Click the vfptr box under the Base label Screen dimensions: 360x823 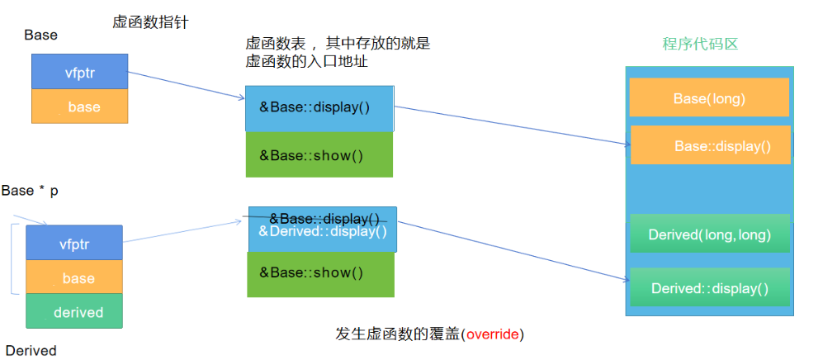80,72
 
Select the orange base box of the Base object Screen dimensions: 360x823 80,107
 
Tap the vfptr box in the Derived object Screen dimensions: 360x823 74,244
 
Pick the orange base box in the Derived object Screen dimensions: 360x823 74,278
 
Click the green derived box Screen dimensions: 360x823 74,312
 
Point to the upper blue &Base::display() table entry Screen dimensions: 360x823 319,108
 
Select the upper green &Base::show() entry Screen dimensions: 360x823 319,154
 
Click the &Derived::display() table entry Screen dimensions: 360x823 323,232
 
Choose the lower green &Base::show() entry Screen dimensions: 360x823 320,273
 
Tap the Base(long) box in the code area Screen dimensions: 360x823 709,98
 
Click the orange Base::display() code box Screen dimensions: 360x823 711,146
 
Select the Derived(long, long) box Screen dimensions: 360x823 710,234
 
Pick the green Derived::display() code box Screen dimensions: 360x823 710,288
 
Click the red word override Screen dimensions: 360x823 493,334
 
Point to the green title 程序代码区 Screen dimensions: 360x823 700,44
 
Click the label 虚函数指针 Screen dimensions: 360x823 150,23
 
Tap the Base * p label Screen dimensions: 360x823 30,191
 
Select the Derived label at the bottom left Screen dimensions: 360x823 31,351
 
